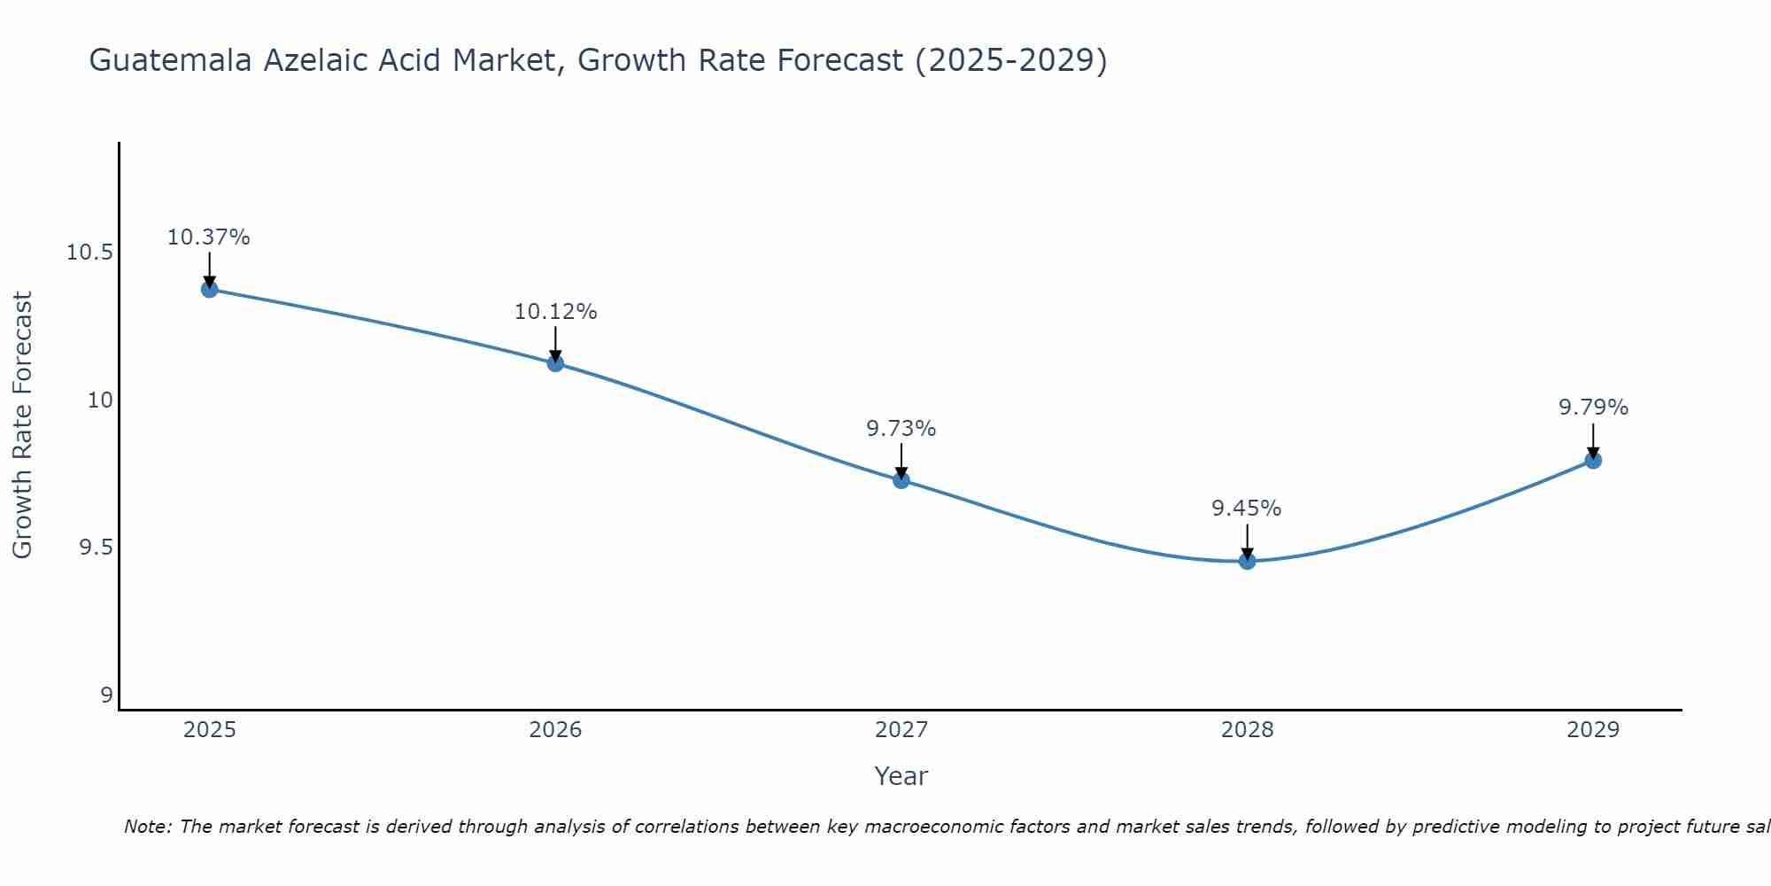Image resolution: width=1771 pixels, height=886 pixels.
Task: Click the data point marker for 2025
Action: tap(210, 289)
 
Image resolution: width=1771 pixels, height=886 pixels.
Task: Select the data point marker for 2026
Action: tap(555, 362)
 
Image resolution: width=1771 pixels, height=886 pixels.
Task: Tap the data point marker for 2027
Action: tap(901, 480)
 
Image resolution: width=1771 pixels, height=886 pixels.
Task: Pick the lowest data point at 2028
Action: tap(1247, 561)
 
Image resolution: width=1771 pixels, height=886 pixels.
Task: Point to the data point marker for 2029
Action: tap(1593, 460)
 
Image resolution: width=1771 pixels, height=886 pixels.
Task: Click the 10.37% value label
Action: tap(209, 237)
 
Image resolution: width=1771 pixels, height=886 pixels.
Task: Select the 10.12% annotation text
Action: tap(555, 312)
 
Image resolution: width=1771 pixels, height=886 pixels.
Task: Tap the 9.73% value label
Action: tap(901, 429)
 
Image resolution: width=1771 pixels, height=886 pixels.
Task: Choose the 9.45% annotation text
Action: tap(1246, 509)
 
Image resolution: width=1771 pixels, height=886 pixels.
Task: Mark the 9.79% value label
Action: tap(1593, 408)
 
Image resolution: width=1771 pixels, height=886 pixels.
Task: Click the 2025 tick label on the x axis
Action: tap(210, 730)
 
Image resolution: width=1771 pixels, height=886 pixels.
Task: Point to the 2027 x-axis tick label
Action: tap(901, 730)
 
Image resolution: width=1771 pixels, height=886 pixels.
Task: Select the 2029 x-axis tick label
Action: tap(1593, 730)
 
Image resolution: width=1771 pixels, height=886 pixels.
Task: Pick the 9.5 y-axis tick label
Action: tap(96, 548)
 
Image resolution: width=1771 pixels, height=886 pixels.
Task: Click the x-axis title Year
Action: tap(901, 776)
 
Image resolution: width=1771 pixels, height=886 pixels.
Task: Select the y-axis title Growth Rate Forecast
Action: tap(22, 424)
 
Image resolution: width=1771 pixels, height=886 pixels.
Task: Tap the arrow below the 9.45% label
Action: tap(1247, 540)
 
